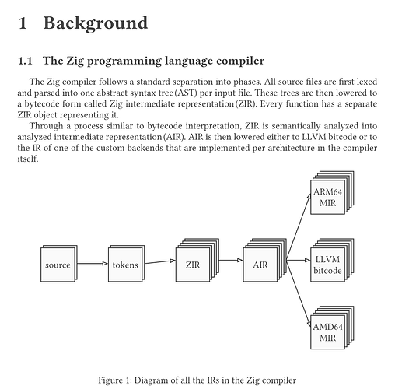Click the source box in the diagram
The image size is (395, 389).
tap(59, 263)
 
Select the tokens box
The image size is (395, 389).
tap(126, 263)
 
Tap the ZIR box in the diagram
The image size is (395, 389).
tap(197, 260)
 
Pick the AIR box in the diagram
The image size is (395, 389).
tap(264, 260)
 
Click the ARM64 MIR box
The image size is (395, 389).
tap(332, 192)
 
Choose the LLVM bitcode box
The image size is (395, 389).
tap(332, 260)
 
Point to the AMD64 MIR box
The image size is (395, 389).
tap(332, 328)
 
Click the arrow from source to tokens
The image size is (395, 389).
tap(93, 264)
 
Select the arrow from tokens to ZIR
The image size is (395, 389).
tap(160, 262)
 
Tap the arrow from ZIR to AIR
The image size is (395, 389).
tap(231, 260)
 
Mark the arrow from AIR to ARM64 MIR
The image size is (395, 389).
tap(299, 226)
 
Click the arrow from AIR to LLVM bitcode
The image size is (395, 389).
tap(299, 260)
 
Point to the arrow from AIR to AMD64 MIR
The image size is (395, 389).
tap(299, 293)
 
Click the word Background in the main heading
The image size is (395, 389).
tap(96, 23)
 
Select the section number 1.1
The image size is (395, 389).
tap(25, 61)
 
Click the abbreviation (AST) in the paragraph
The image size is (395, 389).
tap(186, 93)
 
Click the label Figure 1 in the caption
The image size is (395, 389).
tap(115, 380)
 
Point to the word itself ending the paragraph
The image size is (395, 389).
tap(28, 159)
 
